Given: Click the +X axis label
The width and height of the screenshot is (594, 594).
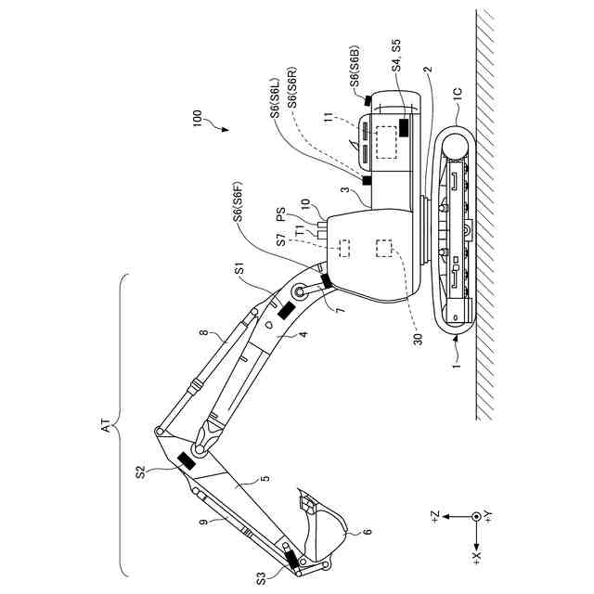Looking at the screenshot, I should click(476, 560).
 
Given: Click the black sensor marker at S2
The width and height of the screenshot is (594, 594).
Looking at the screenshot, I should click(185, 461).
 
